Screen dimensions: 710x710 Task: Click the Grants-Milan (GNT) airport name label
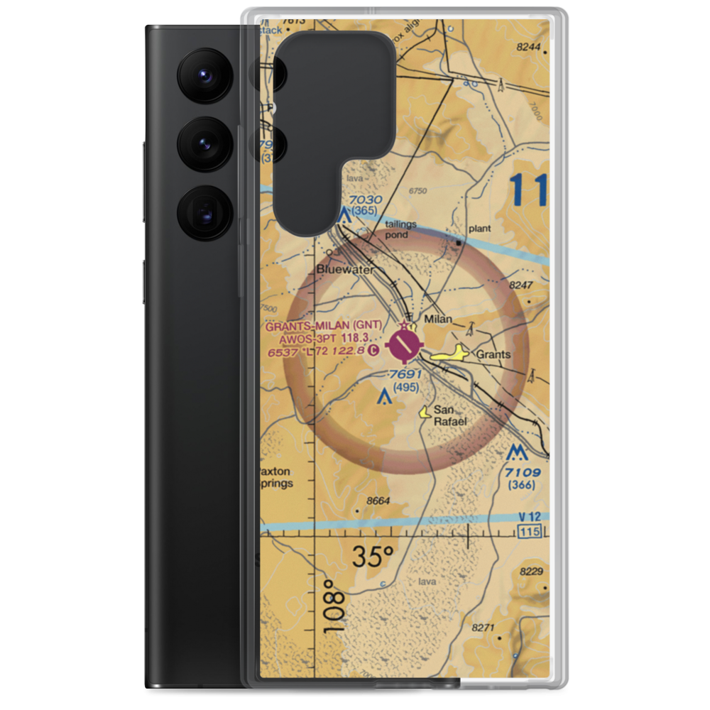[324, 327]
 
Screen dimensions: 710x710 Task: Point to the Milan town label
[437, 319]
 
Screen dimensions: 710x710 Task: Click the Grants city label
[493, 354]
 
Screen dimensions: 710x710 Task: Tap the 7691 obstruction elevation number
[407, 375]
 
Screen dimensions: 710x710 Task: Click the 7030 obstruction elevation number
[365, 201]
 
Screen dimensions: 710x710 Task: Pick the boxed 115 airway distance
[530, 532]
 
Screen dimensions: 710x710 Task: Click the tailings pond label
[401, 229]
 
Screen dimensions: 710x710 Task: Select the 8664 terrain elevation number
[378, 501]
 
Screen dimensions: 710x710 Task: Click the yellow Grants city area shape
[450, 354]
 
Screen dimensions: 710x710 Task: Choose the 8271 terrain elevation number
[484, 628]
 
